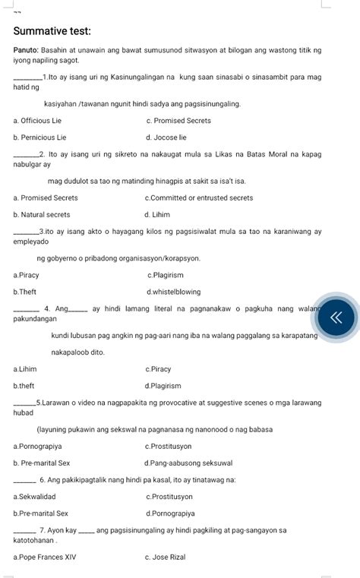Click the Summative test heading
click(x=52, y=31)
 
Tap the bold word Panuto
click(x=25, y=50)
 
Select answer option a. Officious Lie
click(x=38, y=121)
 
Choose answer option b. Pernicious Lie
click(x=39, y=137)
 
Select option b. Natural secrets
click(x=42, y=215)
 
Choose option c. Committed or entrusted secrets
click(x=199, y=198)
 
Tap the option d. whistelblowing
click(x=174, y=292)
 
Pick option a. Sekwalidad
click(x=34, y=497)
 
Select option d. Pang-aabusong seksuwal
click(x=188, y=463)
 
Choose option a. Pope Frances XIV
click(x=45, y=557)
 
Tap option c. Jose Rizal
click(x=166, y=557)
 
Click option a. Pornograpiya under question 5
click(x=38, y=446)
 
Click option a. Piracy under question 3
click(x=27, y=275)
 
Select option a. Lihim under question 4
click(x=25, y=369)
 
